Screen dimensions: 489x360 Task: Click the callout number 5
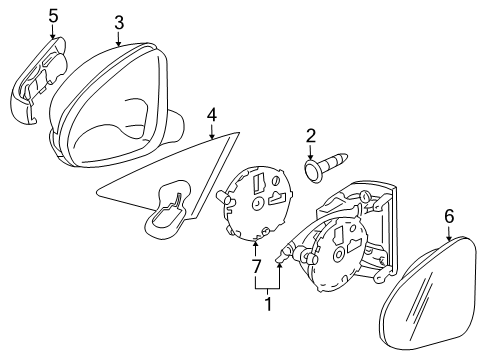point(53,16)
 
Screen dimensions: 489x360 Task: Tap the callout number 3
point(119,23)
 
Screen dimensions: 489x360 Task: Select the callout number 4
point(212,115)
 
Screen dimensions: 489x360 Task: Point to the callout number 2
point(310,136)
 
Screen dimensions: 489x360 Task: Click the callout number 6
point(449,217)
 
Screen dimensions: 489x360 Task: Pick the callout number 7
point(256,267)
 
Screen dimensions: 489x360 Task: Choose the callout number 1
point(268,304)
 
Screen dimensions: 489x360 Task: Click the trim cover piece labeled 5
point(37,80)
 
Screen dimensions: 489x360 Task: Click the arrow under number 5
point(53,31)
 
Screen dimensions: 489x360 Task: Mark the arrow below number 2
point(310,151)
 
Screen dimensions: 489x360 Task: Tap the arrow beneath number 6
point(449,233)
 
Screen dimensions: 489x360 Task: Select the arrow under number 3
point(119,38)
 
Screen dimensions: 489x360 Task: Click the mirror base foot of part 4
point(168,210)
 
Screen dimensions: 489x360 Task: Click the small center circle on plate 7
point(257,203)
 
